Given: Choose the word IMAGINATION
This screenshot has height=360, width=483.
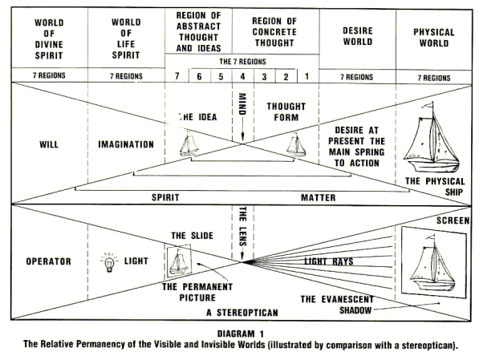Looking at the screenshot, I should (125, 144).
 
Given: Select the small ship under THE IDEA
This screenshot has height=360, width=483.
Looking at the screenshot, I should (189, 145).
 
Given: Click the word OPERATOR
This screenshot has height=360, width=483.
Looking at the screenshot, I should (40, 261).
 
